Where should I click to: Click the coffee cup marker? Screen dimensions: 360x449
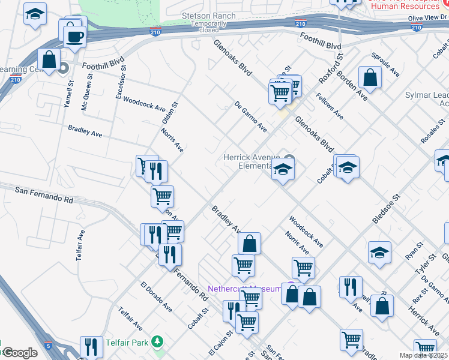(x=74, y=36)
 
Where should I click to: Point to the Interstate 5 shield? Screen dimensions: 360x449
(x=49, y=346)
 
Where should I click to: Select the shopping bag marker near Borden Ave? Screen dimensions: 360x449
(x=370, y=77)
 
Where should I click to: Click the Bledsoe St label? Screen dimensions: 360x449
(x=385, y=208)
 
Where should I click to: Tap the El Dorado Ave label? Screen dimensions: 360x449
(x=156, y=297)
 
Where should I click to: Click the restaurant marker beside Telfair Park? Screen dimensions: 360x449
(x=91, y=347)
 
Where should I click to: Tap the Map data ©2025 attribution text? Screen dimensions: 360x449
(x=423, y=355)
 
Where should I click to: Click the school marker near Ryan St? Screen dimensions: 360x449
(x=379, y=253)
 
